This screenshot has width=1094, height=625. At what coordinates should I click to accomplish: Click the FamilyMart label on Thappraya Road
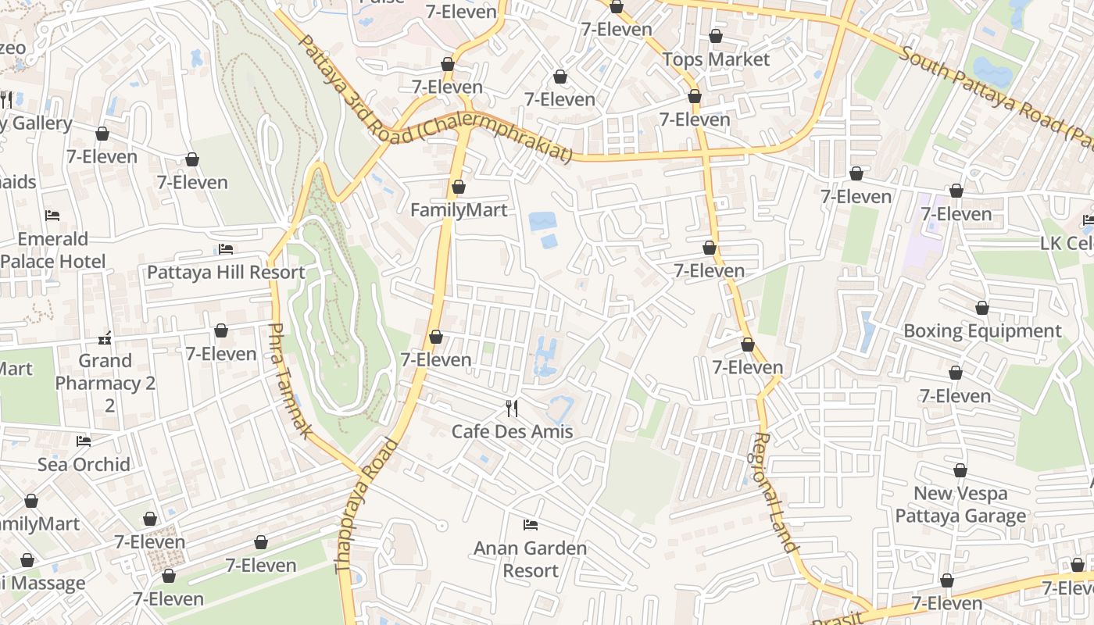click(x=459, y=210)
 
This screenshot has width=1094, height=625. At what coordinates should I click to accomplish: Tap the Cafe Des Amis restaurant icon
click(x=512, y=408)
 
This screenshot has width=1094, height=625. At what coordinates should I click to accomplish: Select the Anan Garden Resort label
click(x=530, y=559)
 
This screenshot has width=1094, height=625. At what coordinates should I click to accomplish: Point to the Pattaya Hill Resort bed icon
click(x=226, y=249)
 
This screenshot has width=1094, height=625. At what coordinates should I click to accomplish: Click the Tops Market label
click(x=716, y=59)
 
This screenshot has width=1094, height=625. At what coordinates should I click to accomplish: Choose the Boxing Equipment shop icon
click(x=981, y=309)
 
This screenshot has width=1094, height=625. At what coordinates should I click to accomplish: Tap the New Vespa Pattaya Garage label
click(x=960, y=505)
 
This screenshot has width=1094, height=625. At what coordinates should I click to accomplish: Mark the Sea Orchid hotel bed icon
click(x=84, y=441)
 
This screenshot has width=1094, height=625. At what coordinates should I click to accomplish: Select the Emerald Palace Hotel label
click(x=53, y=250)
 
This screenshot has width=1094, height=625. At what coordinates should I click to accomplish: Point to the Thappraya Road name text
click(x=367, y=508)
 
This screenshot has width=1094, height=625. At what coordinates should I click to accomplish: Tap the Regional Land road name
click(x=774, y=492)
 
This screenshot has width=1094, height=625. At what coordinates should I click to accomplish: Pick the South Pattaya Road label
click(x=992, y=94)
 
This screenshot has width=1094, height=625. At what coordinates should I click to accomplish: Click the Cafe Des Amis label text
click(x=512, y=431)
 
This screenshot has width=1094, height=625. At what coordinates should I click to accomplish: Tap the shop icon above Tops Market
click(x=716, y=36)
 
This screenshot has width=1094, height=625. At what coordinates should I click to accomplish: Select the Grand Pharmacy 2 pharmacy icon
click(x=105, y=338)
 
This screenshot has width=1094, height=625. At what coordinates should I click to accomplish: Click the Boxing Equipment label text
click(x=982, y=331)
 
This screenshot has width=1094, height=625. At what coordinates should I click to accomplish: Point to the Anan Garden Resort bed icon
click(x=531, y=524)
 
